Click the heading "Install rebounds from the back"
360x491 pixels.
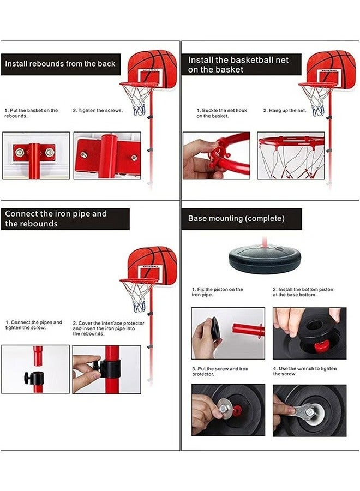click(x=60, y=64)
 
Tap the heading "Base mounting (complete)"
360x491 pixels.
click(x=236, y=218)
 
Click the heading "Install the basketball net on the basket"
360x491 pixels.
click(x=238, y=64)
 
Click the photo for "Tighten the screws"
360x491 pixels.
click(x=107, y=155)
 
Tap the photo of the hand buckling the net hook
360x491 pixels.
click(x=216, y=155)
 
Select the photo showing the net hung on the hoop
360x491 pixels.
click(x=291, y=155)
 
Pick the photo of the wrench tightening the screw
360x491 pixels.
click(x=309, y=410)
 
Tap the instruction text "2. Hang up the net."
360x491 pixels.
click(x=285, y=111)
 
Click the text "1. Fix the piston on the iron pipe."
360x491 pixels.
click(x=217, y=292)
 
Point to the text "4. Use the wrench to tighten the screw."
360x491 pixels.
click(x=305, y=371)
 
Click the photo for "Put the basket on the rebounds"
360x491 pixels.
click(x=36, y=155)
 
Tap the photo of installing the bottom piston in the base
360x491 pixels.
click(x=309, y=333)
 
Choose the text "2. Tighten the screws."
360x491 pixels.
click(x=98, y=111)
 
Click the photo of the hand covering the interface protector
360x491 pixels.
click(x=106, y=369)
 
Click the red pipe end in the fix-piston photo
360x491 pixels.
click(x=248, y=330)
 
